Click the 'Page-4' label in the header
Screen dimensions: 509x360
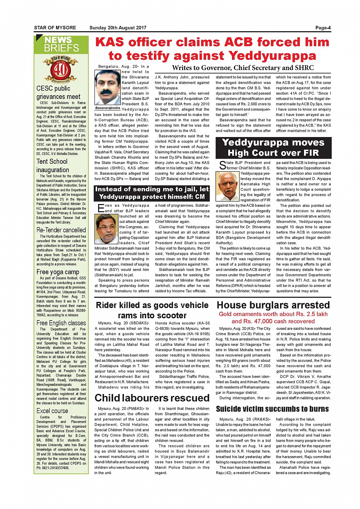point(323,28)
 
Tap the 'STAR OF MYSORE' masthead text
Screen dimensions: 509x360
point(55,28)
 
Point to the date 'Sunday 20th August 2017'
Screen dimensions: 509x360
point(118,28)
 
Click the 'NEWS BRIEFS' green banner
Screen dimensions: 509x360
point(61,44)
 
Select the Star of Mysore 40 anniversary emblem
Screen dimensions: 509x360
point(61,69)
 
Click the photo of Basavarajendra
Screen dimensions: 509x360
point(108,87)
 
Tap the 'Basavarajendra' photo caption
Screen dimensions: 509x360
point(108,108)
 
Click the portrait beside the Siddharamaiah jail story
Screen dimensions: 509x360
point(106,229)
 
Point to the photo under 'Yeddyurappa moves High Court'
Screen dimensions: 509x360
point(228,186)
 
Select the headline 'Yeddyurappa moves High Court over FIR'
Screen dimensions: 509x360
point(273,148)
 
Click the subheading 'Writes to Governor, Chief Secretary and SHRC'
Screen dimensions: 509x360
point(243,68)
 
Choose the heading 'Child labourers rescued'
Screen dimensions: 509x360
point(152,398)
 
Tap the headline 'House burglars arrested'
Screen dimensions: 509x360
point(273,305)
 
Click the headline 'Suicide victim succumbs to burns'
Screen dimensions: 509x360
point(272,409)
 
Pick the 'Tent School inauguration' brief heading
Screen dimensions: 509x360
point(53,166)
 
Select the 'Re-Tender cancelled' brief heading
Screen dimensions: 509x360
point(61,230)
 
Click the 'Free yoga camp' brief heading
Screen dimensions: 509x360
point(58,272)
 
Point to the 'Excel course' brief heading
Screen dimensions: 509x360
point(52,411)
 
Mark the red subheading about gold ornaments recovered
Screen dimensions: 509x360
point(273,318)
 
